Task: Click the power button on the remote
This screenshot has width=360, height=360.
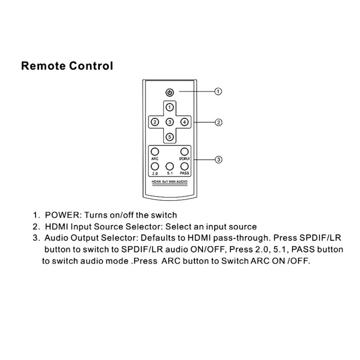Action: point(170,93)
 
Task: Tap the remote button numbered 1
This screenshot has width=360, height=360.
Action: point(170,107)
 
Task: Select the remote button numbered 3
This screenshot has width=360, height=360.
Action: point(170,122)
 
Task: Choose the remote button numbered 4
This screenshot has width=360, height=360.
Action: point(184,122)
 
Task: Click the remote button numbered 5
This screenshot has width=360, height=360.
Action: point(170,136)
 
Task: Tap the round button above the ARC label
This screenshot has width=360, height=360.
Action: point(154,152)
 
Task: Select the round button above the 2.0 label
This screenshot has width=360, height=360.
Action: point(154,166)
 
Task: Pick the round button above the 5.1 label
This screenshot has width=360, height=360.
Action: point(170,166)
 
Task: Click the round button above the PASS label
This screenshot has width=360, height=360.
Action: point(184,166)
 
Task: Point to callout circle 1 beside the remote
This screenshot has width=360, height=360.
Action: point(218,91)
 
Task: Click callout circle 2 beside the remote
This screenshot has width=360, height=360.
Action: point(218,122)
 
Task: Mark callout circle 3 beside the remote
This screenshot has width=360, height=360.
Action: point(218,159)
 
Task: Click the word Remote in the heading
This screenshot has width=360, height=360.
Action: point(44,66)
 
